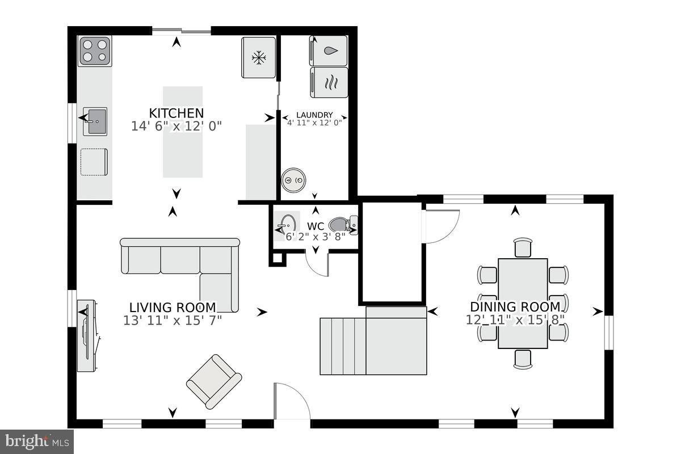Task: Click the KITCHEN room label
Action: tap(176, 112)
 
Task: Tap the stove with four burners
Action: tap(95, 50)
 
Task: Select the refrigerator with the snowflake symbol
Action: tap(259, 57)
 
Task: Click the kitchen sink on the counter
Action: tap(95, 121)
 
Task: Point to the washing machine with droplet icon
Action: tap(329, 51)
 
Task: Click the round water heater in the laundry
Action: tap(295, 180)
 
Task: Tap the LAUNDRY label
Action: tap(314, 115)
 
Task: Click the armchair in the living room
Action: tap(214, 381)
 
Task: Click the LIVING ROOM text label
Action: tap(173, 308)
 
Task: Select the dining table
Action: tap(523, 303)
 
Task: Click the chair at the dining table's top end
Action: tap(523, 247)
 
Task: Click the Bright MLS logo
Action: tap(36, 440)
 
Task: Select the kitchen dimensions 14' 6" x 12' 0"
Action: tap(176, 126)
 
